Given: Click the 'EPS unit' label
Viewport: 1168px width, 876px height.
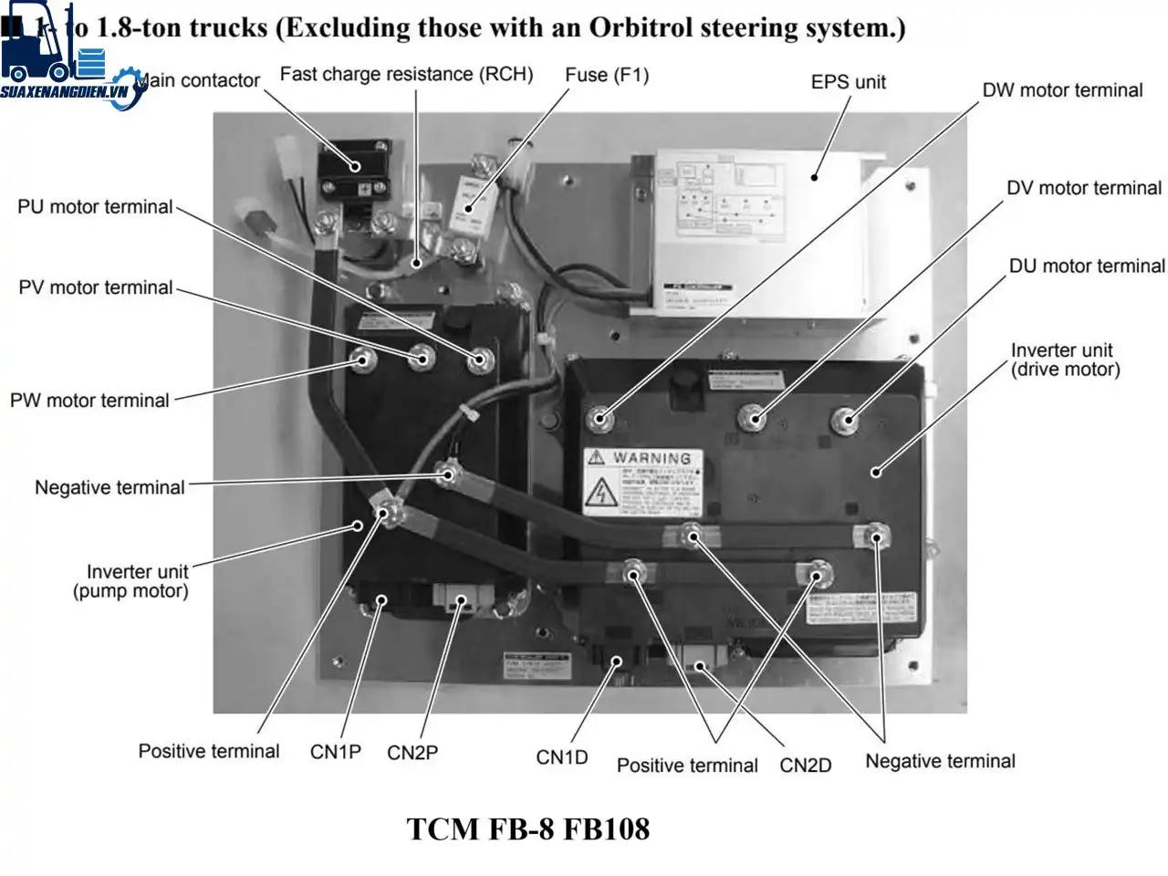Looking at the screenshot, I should coord(848,82).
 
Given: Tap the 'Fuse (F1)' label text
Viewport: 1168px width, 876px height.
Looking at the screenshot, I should coord(607,75).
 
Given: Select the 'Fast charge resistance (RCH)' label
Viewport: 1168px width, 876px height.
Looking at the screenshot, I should coord(406,74).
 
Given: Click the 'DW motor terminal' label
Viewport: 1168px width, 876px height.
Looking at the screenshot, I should coord(1062,90).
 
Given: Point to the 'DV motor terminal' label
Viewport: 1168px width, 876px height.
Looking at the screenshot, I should coord(1083,188).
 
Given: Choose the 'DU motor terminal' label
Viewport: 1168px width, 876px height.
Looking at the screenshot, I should coord(1086,266).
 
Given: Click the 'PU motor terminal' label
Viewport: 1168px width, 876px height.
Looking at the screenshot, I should coord(95,207).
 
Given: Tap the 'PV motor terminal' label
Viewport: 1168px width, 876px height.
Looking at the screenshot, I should coord(95,287).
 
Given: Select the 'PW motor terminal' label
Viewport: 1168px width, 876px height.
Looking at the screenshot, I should coord(89,401).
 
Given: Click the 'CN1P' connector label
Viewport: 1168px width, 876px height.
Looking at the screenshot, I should coord(335,752).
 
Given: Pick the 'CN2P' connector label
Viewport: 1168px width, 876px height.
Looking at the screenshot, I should coord(412,753).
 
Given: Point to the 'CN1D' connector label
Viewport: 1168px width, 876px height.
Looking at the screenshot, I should coord(562,757).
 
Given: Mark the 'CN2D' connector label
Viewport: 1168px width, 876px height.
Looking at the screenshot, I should coord(805,766).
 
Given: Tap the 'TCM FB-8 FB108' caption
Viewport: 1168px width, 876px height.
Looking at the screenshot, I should coord(527,829).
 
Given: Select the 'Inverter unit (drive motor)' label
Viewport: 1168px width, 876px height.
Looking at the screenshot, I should coord(1065,360).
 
